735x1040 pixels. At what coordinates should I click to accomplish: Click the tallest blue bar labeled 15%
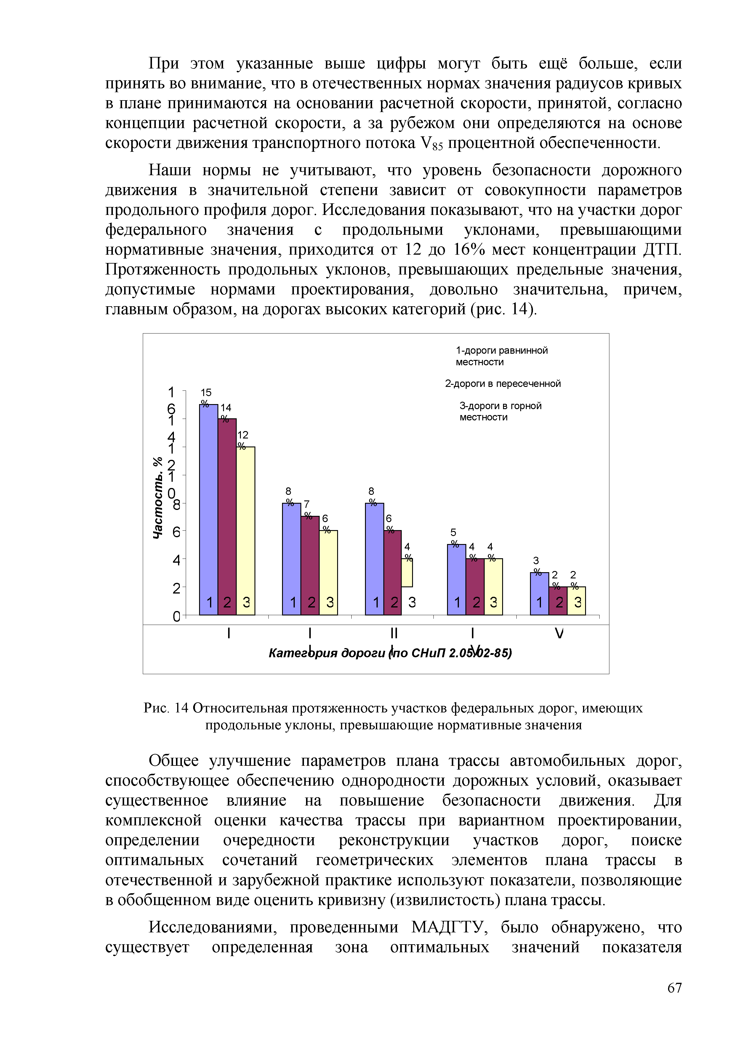coord(209,507)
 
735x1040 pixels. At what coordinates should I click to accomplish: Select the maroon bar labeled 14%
coord(227,516)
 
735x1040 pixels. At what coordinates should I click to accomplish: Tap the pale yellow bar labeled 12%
coord(246,530)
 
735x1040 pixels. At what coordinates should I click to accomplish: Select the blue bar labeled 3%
coord(539,594)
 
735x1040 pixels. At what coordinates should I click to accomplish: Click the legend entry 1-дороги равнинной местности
coord(502,356)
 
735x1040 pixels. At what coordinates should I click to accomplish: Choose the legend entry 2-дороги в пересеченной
coord(503,384)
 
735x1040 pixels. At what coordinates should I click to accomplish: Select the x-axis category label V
coord(559,633)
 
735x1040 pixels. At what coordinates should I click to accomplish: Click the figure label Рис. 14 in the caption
coord(166,708)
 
